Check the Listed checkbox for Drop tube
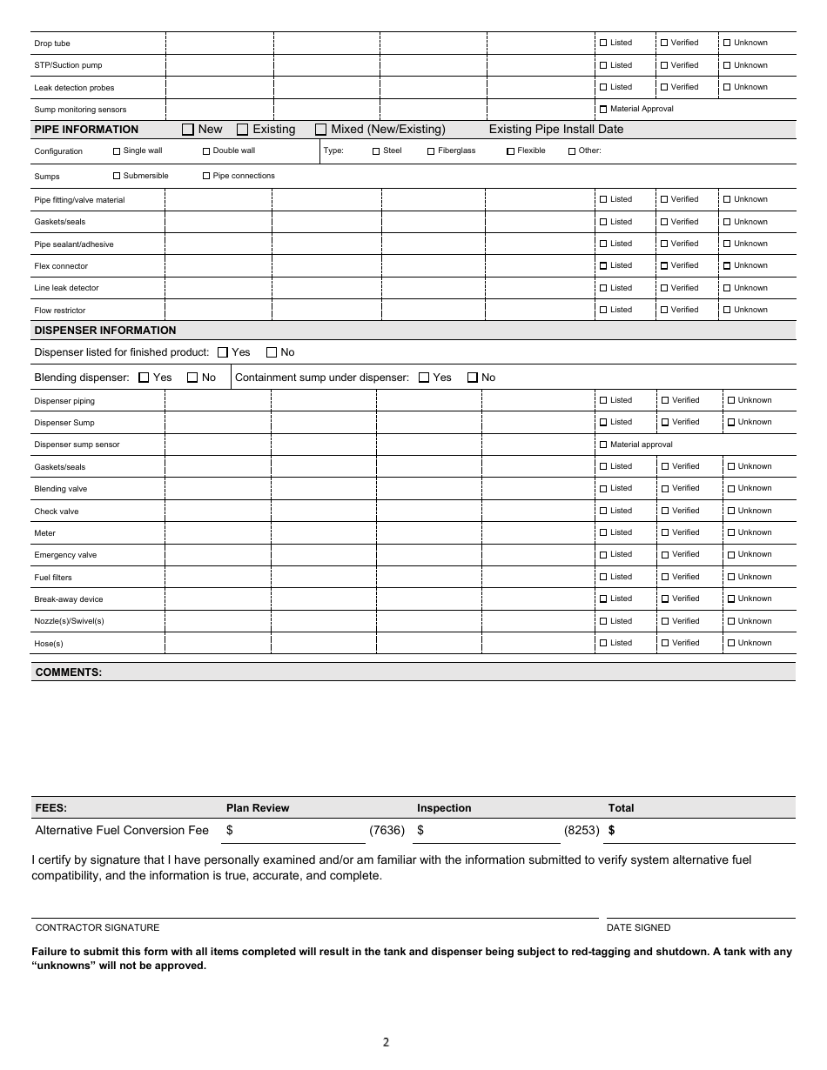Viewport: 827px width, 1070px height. (x=603, y=43)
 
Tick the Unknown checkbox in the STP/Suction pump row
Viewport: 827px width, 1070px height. (x=727, y=65)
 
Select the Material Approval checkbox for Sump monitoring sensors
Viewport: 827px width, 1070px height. (x=603, y=110)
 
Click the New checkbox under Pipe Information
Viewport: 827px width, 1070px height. (x=188, y=130)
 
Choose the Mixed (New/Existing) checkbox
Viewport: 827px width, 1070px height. (x=321, y=130)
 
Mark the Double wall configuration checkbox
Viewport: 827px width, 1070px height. (x=206, y=151)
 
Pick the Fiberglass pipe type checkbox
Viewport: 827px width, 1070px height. (x=431, y=151)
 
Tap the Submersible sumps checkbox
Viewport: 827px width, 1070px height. (x=117, y=176)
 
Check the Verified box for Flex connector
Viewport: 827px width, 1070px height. (x=664, y=266)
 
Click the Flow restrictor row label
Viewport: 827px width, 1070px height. (x=60, y=311)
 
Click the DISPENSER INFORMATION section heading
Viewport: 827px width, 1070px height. (x=104, y=331)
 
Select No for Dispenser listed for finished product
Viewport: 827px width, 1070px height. (x=272, y=352)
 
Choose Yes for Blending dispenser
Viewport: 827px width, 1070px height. (x=144, y=378)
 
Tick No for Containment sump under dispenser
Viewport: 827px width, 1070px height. (x=473, y=378)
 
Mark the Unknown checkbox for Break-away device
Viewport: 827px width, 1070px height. (x=731, y=599)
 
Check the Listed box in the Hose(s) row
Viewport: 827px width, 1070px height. (x=603, y=644)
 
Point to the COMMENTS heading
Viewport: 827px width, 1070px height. (x=68, y=672)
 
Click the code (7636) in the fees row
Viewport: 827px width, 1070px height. (x=387, y=831)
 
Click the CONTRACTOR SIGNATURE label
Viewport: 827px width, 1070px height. (x=97, y=928)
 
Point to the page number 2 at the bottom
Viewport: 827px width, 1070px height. (x=386, y=1042)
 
